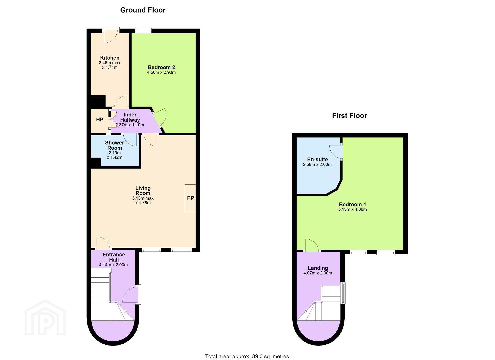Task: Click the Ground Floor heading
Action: click(143, 10)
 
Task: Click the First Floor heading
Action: click(349, 116)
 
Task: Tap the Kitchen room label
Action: click(110, 58)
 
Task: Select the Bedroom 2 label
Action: click(161, 67)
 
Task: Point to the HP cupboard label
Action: click(100, 120)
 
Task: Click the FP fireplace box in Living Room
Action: click(190, 198)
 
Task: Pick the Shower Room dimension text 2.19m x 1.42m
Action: click(114, 155)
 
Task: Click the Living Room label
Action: click(143, 191)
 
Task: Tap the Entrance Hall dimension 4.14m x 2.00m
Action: click(113, 265)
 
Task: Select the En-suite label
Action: click(317, 159)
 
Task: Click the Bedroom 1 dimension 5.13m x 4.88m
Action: click(352, 209)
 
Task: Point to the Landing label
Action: click(318, 268)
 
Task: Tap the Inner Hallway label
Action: click(130, 117)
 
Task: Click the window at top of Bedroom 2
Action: click(144, 30)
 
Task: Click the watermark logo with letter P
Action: click(45, 318)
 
